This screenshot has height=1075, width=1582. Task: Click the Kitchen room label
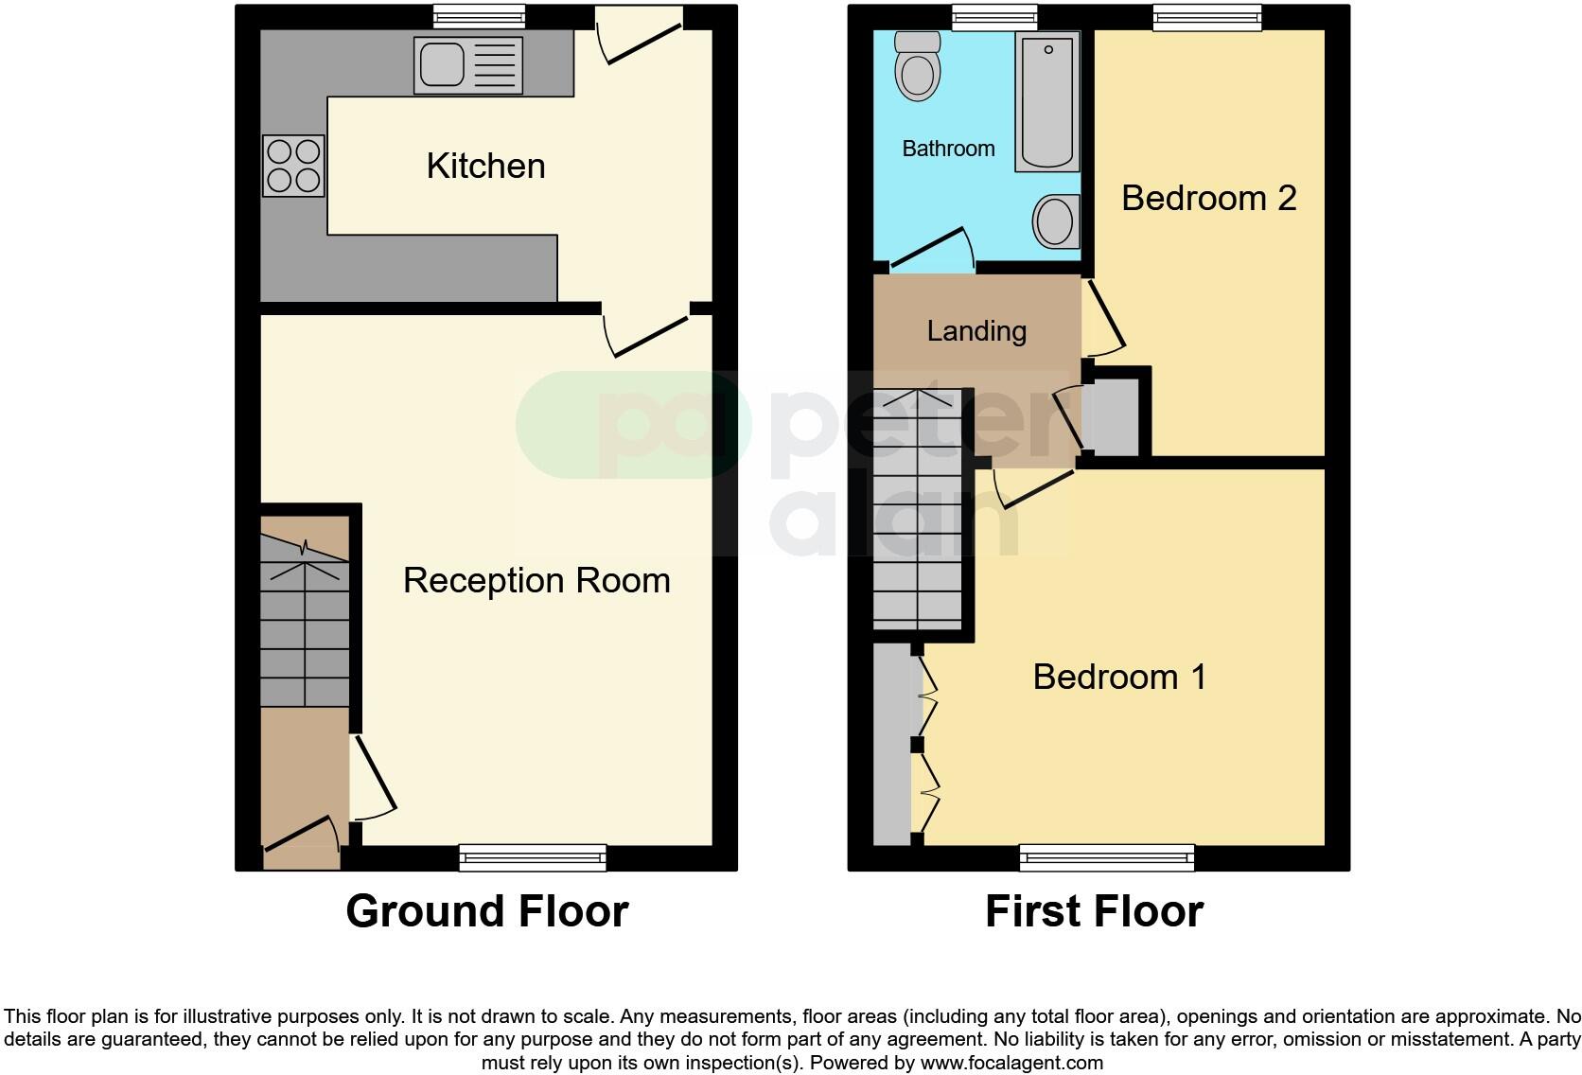click(x=485, y=166)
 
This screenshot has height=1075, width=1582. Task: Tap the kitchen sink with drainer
click(x=467, y=65)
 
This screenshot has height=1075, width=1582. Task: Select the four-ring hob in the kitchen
click(x=293, y=166)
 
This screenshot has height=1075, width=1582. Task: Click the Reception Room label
click(x=536, y=580)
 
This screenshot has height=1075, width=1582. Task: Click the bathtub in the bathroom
click(x=1047, y=102)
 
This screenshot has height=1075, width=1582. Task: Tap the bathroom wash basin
click(x=1056, y=220)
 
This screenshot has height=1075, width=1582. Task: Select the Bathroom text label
click(x=948, y=149)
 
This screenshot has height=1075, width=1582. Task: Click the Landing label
click(x=976, y=331)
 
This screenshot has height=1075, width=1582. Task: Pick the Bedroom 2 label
click(x=1208, y=198)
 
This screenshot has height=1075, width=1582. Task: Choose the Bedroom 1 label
click(x=1119, y=677)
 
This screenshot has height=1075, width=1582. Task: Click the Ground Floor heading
click(x=486, y=911)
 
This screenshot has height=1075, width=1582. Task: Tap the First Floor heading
click(x=1094, y=911)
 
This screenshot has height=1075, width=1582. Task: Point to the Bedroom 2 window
click(x=1206, y=16)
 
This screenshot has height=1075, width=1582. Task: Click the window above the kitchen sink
click(x=479, y=16)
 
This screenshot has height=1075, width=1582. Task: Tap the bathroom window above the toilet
click(x=994, y=16)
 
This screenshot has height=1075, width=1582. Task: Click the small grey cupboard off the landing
click(x=1116, y=417)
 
